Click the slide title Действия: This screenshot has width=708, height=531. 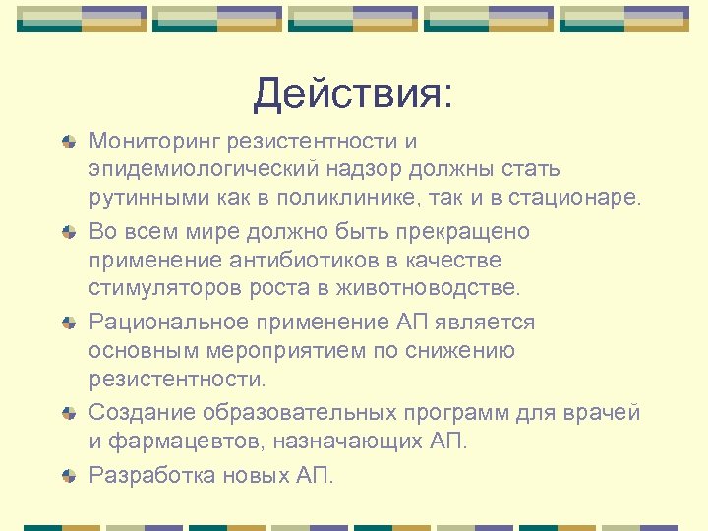pyautogui.click(x=353, y=94)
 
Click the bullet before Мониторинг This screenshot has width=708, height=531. pyautogui.click(x=68, y=143)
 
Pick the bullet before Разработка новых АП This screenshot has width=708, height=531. pyautogui.click(x=68, y=476)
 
